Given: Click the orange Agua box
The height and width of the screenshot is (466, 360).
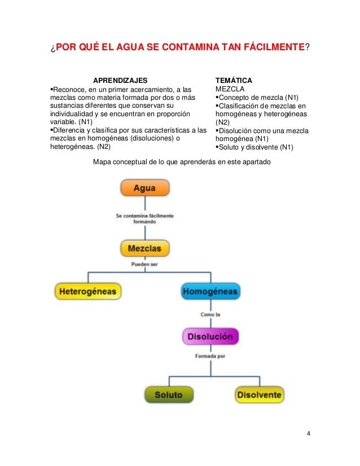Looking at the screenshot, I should tap(144, 188).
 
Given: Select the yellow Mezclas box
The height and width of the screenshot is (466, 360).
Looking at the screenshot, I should tap(144, 248).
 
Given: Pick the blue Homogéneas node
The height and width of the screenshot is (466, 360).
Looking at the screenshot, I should tap(210, 292).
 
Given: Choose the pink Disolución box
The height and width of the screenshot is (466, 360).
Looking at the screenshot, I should tap(210, 337).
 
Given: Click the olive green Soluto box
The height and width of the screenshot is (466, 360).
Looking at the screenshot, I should tap(168, 395).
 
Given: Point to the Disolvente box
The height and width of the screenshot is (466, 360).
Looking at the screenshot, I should tap(260, 395).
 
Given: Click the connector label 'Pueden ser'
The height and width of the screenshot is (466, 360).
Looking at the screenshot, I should tap(144, 263).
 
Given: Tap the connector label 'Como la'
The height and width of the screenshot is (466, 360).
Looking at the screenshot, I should tap(210, 314).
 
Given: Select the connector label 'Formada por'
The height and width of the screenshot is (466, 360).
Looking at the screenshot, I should tap(210, 356).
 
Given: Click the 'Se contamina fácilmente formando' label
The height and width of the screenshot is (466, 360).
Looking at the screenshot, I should tap(144, 218).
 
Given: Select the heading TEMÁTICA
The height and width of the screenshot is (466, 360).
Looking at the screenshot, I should tap(234, 81).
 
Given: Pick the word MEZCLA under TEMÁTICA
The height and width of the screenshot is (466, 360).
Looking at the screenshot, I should tap(230, 89).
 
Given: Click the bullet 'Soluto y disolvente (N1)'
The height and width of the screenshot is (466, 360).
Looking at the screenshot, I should tap(254, 148).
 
